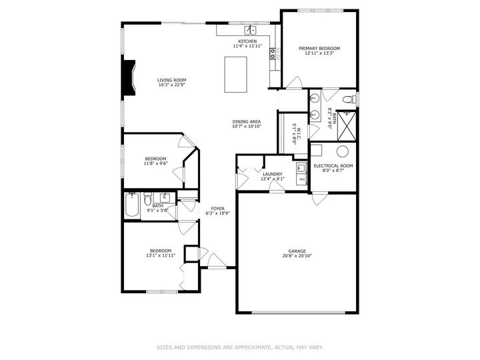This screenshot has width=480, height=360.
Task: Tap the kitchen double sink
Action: (x=251, y=30)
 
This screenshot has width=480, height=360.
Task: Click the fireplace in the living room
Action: (x=127, y=78)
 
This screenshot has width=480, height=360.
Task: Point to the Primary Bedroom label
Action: (x=319, y=49)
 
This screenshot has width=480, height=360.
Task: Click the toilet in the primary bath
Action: (x=347, y=100)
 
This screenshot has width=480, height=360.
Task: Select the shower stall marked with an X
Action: (x=346, y=122)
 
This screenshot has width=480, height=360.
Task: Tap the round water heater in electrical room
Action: (x=343, y=151)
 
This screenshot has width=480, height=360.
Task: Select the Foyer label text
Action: (x=217, y=209)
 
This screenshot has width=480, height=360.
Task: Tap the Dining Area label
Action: (x=246, y=121)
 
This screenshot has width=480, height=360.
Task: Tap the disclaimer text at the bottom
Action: (x=240, y=347)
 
